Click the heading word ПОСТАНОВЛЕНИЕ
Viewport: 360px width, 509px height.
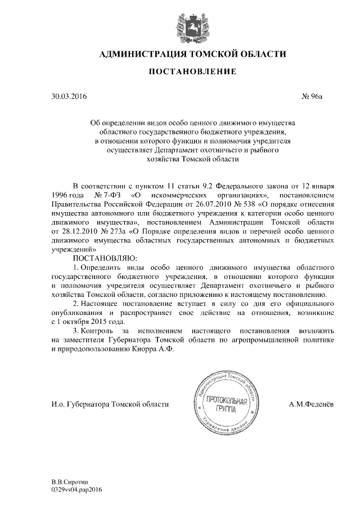coord(181,71)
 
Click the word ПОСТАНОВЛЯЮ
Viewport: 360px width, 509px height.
coord(101,258)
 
